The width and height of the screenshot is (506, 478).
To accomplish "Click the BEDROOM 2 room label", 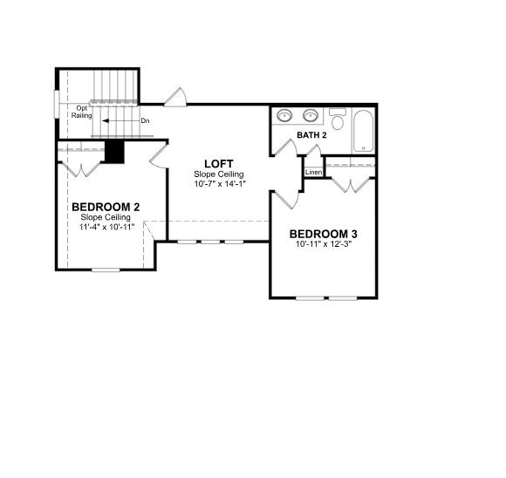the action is (x=106, y=207).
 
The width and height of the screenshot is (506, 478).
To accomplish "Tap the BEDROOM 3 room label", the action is (x=323, y=234).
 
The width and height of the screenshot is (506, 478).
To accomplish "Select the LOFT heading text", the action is (x=218, y=164).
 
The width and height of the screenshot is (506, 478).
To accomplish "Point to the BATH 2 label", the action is (x=311, y=135).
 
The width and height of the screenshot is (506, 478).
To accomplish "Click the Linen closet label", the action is (x=314, y=173).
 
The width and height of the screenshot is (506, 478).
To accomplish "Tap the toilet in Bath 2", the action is (x=338, y=119).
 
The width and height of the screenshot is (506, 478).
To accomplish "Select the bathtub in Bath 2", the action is (x=364, y=131).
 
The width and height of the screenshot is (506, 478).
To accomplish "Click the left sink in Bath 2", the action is (x=284, y=115).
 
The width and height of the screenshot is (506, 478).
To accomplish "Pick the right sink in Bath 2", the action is (x=311, y=115).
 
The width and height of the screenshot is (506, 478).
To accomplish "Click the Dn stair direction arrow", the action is (x=120, y=121).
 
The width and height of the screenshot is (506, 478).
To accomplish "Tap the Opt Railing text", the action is (x=82, y=112).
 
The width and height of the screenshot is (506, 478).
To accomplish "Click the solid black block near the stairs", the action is (x=114, y=152).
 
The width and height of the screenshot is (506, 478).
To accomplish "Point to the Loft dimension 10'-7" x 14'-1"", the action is (x=220, y=184).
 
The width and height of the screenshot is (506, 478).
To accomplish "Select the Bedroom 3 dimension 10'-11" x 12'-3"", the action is (x=324, y=244).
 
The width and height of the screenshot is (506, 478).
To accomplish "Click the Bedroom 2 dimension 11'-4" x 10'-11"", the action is (x=106, y=227).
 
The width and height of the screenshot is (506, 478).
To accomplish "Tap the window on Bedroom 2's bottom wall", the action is (x=106, y=270).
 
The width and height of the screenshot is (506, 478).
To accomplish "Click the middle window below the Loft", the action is (x=210, y=242).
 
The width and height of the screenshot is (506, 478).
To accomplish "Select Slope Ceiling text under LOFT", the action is (x=218, y=174).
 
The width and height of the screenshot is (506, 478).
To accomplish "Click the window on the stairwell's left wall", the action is (x=57, y=105).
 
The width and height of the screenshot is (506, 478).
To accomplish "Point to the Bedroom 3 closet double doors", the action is (x=351, y=185).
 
